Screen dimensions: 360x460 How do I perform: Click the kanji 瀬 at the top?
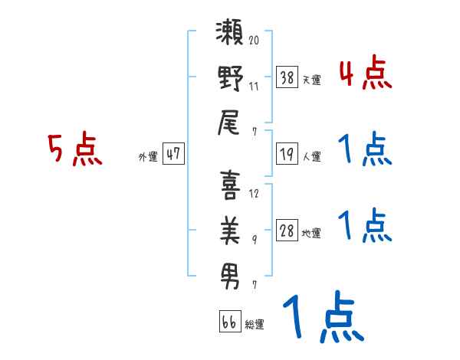click(230, 36)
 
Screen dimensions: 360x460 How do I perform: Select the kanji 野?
click(230, 80)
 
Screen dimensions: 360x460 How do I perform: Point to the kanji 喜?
click(230, 187)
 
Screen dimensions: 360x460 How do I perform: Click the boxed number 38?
click(287, 77)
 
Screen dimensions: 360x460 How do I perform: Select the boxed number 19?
click(287, 154)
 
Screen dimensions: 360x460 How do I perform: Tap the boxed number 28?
click(287, 231)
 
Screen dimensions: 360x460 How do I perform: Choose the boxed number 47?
click(173, 154)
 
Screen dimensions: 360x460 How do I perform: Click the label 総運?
click(255, 324)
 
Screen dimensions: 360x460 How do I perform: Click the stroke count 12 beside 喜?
click(254, 193)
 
